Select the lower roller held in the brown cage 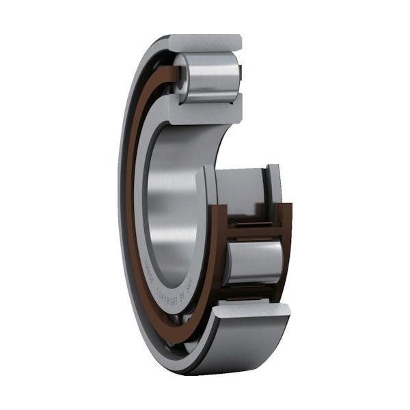[x=254, y=262]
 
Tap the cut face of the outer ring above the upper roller [x=205, y=42]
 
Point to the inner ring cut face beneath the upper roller [x=205, y=109]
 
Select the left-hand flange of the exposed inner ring [x=207, y=195]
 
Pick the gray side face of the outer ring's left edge [x=122, y=205]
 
